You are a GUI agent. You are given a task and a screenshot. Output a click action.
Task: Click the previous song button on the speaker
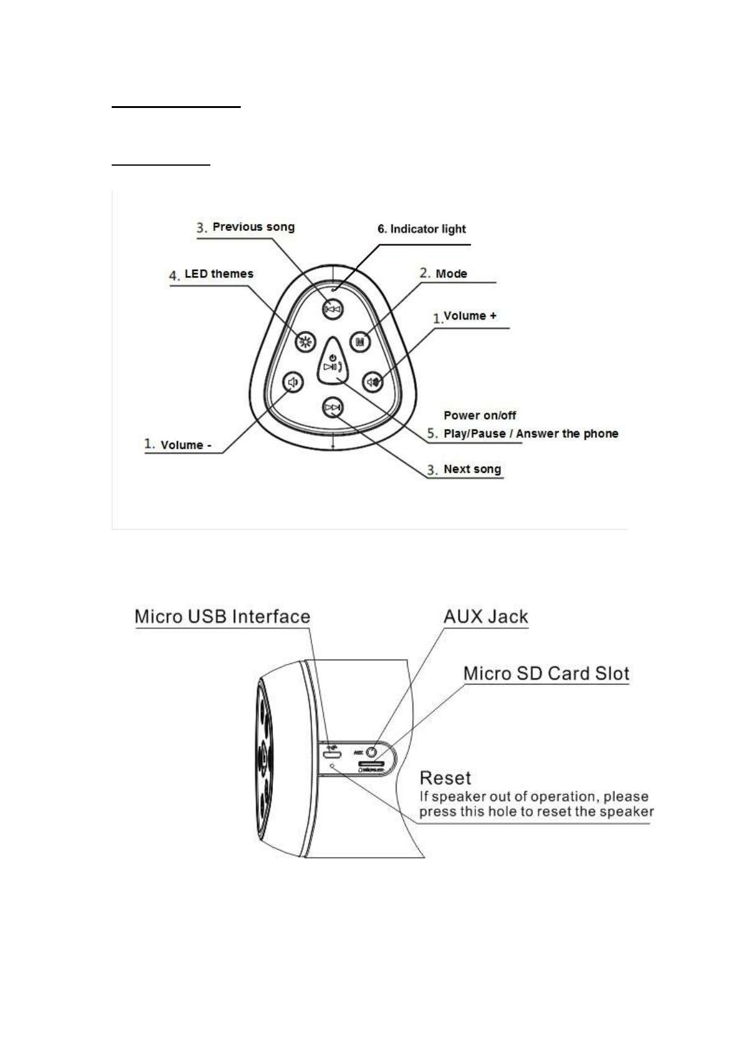[x=333, y=309]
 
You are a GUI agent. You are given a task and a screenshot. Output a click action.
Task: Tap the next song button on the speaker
[x=333, y=408]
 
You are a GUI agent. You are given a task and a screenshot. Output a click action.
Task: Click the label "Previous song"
[x=253, y=227]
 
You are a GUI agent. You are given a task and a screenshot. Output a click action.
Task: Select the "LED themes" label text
[x=218, y=274]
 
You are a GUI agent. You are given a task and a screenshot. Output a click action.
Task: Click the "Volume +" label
[x=470, y=316]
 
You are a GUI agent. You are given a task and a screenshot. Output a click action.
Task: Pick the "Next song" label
[x=472, y=469]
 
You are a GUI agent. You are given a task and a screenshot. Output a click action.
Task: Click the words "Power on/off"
[x=480, y=415]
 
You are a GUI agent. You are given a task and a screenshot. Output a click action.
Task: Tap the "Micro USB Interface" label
[x=222, y=617]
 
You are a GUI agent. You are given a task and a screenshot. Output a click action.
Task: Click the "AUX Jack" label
[x=486, y=617]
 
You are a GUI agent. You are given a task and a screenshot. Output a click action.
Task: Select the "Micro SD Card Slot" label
[x=547, y=673]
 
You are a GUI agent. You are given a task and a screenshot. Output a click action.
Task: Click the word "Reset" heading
[x=445, y=778]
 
